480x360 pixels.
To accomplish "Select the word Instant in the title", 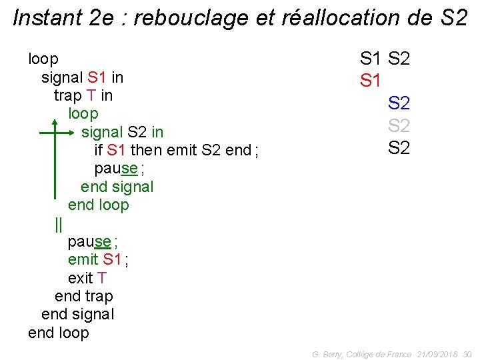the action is pos(46,18).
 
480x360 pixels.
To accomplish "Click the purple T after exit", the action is pos(101,277).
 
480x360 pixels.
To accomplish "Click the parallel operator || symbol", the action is pos(59,224).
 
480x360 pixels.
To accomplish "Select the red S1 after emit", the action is pos(113,259).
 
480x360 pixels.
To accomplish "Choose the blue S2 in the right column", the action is pos(399,103).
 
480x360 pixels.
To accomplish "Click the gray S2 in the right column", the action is pos(399,125).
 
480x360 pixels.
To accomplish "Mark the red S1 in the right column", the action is pos(371,81).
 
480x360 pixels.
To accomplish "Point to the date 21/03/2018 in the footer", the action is pos(437,354).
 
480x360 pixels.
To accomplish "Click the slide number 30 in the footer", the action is pos(467,354).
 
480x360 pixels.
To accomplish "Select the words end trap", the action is pos(84,296).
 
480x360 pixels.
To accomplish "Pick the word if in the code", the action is pos(99,150).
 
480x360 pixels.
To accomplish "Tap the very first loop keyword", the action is pos(43,59).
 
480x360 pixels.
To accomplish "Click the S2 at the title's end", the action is pos(455,18).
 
